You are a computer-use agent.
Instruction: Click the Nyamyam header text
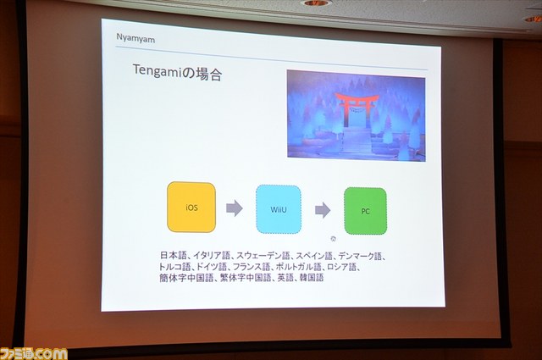(x=135, y=38)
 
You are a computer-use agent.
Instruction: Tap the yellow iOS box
(x=191, y=208)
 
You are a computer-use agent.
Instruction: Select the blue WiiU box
(x=279, y=209)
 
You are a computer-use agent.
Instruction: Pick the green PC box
(x=365, y=211)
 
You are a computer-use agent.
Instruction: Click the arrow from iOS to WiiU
(x=235, y=208)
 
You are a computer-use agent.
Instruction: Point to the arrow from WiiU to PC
(x=323, y=210)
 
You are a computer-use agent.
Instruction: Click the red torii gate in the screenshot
(x=356, y=108)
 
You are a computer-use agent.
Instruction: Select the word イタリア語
(x=212, y=256)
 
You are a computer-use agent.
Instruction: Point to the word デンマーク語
(x=360, y=257)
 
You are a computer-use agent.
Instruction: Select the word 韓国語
(x=312, y=278)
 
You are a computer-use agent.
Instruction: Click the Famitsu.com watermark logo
(x=34, y=353)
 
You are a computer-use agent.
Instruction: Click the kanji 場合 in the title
(x=209, y=74)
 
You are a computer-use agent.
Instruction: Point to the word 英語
(x=285, y=278)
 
